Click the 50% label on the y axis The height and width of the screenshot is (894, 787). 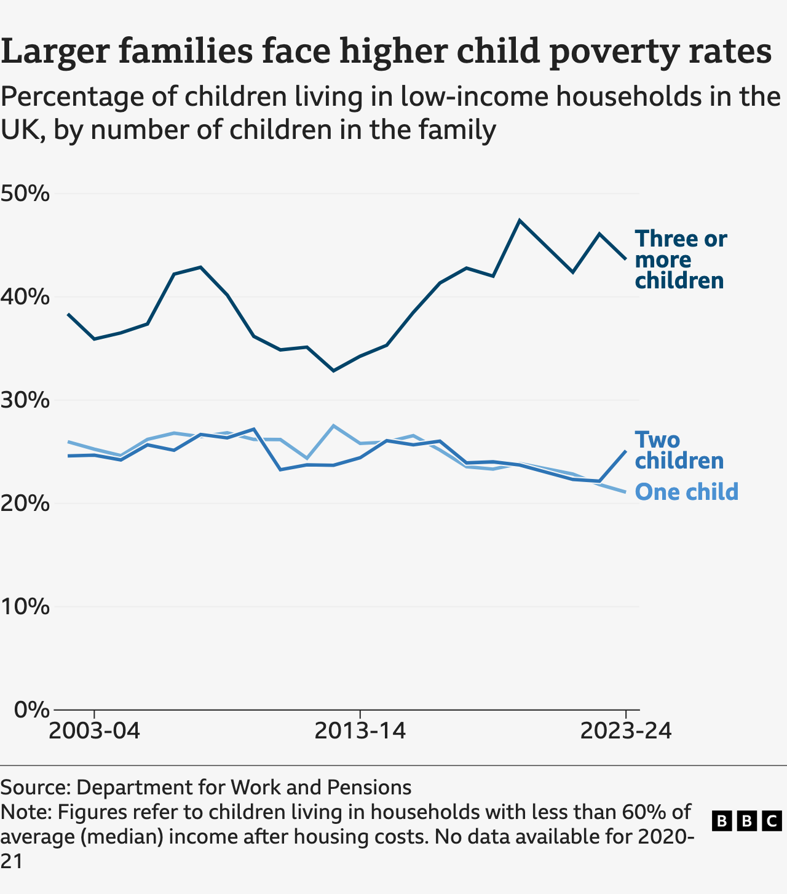[x=25, y=194]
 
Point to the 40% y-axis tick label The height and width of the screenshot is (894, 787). [x=25, y=298]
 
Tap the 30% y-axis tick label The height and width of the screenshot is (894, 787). [x=25, y=401]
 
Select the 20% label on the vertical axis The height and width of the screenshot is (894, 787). [x=25, y=504]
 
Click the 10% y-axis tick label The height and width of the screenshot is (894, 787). [x=25, y=607]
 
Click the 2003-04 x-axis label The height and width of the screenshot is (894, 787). [x=94, y=732]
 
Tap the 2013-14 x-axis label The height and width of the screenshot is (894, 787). [x=360, y=732]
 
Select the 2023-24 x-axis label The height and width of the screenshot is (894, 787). [x=625, y=732]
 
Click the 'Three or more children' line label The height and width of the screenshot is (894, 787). [x=680, y=259]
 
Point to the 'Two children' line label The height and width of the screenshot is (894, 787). [x=678, y=450]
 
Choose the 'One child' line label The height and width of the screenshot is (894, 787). [x=686, y=492]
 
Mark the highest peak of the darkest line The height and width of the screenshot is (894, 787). [x=520, y=220]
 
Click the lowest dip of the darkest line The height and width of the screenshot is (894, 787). [x=333, y=371]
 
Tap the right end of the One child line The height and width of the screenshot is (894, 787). [x=625, y=492]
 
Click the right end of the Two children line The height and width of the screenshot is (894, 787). [x=625, y=451]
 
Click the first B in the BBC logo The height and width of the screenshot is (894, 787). [x=722, y=821]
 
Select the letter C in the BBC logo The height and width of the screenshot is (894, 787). [x=772, y=821]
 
